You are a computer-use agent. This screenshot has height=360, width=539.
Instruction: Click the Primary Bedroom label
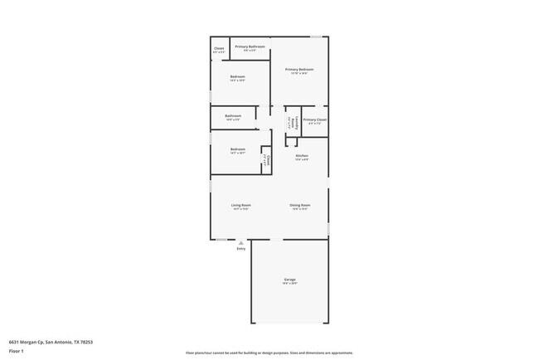tap(299, 70)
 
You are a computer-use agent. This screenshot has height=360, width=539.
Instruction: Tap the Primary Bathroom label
tap(250, 46)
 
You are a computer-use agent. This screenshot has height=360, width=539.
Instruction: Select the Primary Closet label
tap(314, 120)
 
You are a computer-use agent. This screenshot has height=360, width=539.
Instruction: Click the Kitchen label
tap(302, 156)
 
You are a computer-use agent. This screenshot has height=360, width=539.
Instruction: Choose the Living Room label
tap(240, 205)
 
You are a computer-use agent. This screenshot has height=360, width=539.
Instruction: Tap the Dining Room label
tap(299, 205)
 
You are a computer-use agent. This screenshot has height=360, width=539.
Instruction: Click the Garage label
tap(289, 280)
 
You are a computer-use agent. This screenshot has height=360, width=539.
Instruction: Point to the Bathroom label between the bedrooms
tap(233, 116)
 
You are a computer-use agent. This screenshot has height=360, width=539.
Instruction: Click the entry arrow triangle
tap(240, 242)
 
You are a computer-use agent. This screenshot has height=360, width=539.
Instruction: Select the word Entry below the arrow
tap(240, 249)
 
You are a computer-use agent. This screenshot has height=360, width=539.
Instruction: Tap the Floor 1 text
tap(17, 351)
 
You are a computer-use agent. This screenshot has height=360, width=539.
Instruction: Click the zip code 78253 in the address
tap(87, 342)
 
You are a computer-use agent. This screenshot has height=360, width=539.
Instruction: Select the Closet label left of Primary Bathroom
tap(219, 49)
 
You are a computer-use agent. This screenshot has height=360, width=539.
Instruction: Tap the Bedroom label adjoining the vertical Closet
tap(238, 149)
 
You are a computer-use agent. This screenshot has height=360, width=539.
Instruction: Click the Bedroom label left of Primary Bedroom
tap(238, 77)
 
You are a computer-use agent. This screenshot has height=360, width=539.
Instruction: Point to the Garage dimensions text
tap(289, 284)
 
